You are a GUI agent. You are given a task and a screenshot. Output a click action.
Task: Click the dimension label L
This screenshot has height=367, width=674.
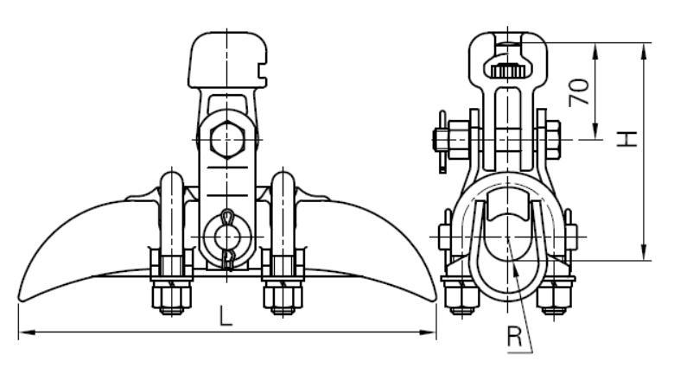click(226, 316)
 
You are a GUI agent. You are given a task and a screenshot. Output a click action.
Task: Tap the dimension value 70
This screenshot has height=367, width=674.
click(579, 92)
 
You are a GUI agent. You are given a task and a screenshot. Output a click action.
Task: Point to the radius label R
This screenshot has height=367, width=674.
click(514, 337)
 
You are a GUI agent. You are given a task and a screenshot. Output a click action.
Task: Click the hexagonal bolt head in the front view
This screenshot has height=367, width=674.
click(227, 140)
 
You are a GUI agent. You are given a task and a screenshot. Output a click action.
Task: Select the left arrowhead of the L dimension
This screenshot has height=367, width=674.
click(27, 332)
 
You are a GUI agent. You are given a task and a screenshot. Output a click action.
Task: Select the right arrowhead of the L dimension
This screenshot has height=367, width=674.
click(428, 332)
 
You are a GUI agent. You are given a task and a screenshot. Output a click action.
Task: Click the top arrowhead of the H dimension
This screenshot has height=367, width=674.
click(644, 51)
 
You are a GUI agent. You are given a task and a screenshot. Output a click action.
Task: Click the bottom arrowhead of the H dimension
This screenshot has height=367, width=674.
click(644, 252)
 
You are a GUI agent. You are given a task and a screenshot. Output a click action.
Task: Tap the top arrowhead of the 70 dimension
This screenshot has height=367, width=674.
click(595, 51)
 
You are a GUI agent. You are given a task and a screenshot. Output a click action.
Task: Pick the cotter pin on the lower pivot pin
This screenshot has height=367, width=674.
click(228, 239)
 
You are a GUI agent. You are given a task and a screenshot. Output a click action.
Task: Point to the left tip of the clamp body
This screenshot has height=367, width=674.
click(19, 298)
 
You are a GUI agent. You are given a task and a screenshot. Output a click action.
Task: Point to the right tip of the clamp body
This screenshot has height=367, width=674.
click(436, 298)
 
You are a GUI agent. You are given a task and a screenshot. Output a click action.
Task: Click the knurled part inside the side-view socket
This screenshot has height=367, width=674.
click(507, 70)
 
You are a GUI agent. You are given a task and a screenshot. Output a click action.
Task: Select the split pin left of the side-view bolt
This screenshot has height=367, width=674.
click(442, 142)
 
